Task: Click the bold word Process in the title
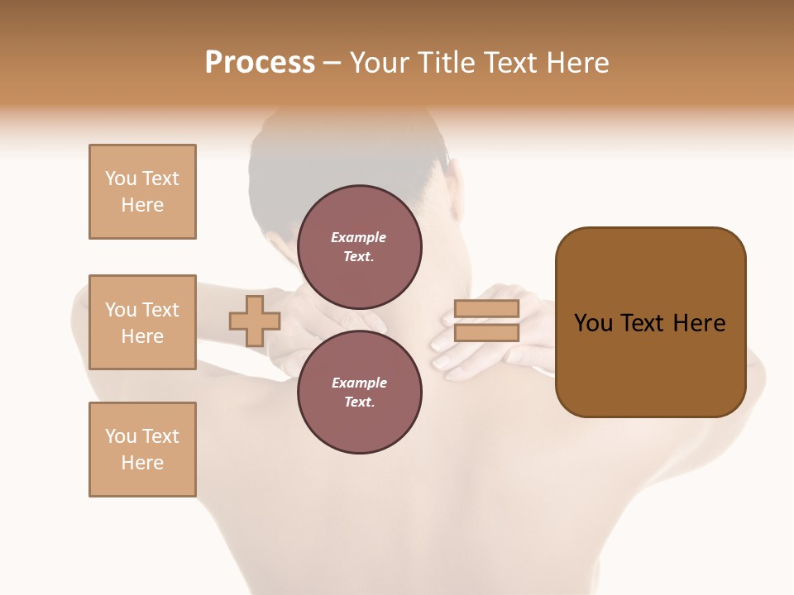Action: point(260,63)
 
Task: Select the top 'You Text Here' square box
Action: point(142,192)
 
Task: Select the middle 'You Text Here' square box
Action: point(142,322)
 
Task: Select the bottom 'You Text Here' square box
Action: point(142,450)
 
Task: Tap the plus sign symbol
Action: point(255,321)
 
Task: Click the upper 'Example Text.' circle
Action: point(359,246)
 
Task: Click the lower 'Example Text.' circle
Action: point(359,392)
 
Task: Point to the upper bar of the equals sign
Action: point(486,309)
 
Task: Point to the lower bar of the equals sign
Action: point(486,333)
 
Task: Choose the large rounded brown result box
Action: point(650,322)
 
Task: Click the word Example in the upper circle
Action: point(359,237)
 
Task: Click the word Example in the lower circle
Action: point(359,383)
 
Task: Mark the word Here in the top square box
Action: point(142,205)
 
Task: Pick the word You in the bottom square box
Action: point(121,436)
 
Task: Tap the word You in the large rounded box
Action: point(594,323)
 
